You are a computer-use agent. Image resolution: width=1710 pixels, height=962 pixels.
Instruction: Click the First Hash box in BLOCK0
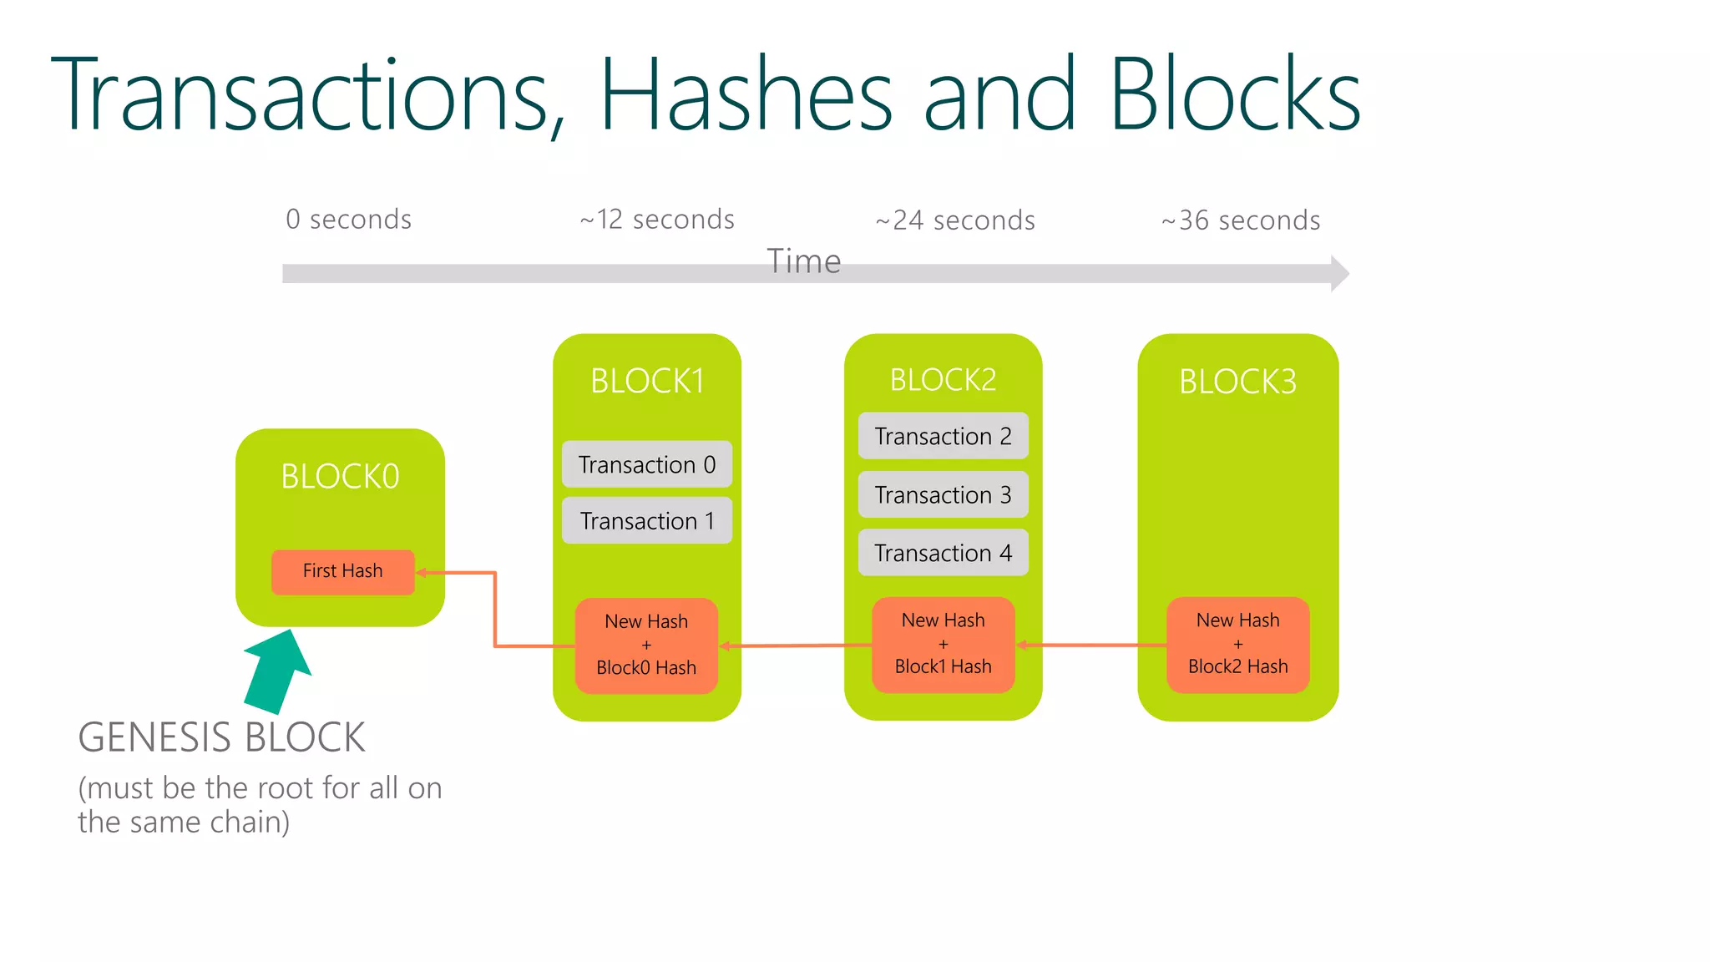pyautogui.click(x=342, y=572)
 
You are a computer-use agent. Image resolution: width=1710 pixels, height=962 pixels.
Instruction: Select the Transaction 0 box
pyautogui.click(x=647, y=464)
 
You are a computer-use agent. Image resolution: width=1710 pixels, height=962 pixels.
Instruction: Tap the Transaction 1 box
pyautogui.click(x=647, y=521)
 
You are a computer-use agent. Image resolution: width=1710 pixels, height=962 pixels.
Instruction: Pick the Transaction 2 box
pyautogui.click(x=943, y=436)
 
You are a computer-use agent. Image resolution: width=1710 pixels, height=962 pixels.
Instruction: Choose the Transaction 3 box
pyautogui.click(x=943, y=494)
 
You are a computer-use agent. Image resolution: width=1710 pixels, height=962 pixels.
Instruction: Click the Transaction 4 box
pyautogui.click(x=943, y=553)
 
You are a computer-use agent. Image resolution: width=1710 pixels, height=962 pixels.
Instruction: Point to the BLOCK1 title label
pyautogui.click(x=647, y=381)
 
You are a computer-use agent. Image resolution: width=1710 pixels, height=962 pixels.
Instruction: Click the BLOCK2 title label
pyautogui.click(x=943, y=380)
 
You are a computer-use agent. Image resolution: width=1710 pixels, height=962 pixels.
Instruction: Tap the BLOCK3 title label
pyautogui.click(x=1237, y=382)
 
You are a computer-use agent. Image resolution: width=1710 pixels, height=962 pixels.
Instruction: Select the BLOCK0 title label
pyautogui.click(x=340, y=476)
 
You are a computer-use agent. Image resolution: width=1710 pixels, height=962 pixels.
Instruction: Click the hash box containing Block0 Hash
pyautogui.click(x=646, y=646)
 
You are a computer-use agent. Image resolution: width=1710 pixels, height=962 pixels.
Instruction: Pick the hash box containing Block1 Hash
pyautogui.click(x=943, y=644)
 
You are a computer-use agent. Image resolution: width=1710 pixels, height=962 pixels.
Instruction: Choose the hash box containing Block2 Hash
pyautogui.click(x=1237, y=644)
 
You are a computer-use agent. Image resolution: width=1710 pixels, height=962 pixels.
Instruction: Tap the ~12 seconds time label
pyautogui.click(x=657, y=220)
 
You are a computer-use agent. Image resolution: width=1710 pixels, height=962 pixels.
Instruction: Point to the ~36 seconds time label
pyautogui.click(x=1241, y=220)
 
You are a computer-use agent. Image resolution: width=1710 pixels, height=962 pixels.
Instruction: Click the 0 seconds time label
pyautogui.click(x=348, y=220)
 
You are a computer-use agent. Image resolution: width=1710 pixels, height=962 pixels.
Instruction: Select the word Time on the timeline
pyautogui.click(x=803, y=261)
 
